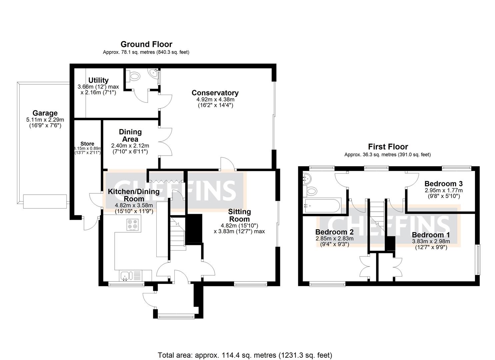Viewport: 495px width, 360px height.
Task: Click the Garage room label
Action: [45, 113]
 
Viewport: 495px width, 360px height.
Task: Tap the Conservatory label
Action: [215, 93]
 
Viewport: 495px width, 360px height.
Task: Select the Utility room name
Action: [98, 80]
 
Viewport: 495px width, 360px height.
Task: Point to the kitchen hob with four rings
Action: [133, 225]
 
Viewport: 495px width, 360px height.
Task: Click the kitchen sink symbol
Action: [126, 276]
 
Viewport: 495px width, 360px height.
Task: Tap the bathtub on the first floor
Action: [322, 206]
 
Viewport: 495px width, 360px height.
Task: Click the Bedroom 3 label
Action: [443, 184]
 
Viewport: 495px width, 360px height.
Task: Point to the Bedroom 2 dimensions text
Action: [334, 241]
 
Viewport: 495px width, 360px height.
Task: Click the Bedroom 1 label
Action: [431, 235]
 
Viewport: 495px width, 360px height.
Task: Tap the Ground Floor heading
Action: [146, 44]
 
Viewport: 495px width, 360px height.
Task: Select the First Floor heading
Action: [388, 147]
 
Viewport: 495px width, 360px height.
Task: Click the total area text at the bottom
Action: [245, 355]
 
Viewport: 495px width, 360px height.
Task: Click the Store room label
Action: [87, 144]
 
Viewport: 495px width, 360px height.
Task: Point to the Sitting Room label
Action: [239, 215]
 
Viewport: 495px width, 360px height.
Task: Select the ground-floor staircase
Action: [178, 233]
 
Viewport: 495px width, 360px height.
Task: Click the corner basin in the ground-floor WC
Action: [154, 73]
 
